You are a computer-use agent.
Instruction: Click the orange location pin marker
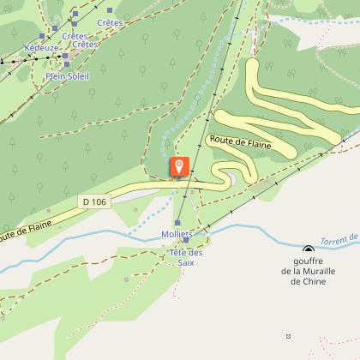(179, 166)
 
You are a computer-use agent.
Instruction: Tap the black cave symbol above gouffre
(308, 250)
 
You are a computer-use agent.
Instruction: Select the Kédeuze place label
(41, 48)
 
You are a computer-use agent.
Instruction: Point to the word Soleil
(77, 75)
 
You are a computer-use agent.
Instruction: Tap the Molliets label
(176, 234)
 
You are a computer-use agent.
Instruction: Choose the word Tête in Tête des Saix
(179, 253)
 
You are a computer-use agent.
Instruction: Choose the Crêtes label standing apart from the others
(110, 21)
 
